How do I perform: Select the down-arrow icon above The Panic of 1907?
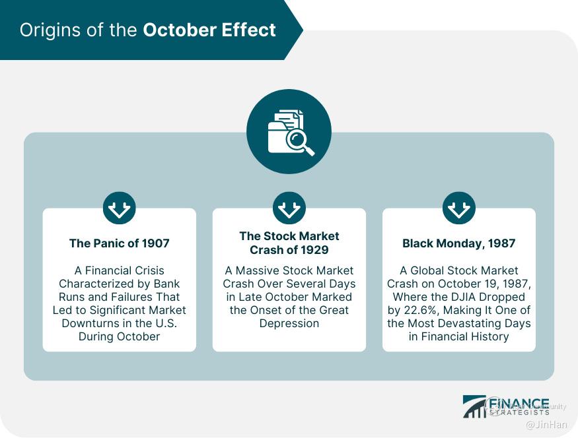coord(120,208)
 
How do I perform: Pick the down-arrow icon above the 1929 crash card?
coord(289,208)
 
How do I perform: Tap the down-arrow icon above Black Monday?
coord(459,208)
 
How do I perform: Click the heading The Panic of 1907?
coord(120,243)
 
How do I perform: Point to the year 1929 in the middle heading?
coord(314,250)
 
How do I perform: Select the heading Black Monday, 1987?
coord(459,243)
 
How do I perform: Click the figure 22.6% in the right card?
coord(420,310)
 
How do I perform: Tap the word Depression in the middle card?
coord(289,323)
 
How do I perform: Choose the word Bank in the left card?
coord(166,284)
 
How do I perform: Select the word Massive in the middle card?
coord(258,270)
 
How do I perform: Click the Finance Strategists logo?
coord(506,406)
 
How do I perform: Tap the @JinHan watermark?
coord(547,424)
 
